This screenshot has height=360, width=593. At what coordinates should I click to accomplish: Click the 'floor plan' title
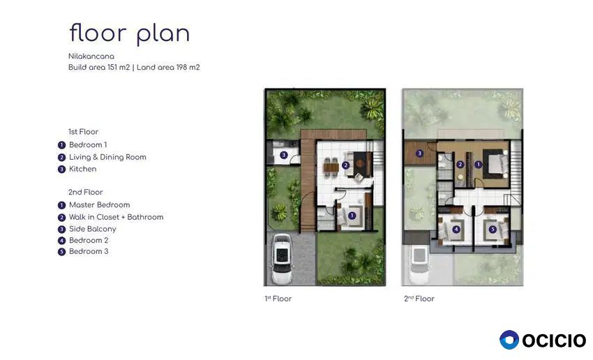click(130, 34)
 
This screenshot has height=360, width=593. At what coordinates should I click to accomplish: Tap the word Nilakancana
click(91, 57)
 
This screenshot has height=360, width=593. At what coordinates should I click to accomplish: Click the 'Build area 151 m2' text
click(99, 67)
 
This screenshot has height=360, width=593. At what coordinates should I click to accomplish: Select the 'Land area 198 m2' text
click(168, 67)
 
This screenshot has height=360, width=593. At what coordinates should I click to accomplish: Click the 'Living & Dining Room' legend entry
click(107, 157)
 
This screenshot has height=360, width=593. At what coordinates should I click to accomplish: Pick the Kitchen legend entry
click(82, 169)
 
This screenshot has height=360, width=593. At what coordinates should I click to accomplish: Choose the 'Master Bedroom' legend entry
click(100, 205)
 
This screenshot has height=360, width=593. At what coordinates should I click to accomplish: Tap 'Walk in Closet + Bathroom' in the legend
click(116, 217)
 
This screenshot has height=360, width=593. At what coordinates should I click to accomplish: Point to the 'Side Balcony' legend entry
click(92, 229)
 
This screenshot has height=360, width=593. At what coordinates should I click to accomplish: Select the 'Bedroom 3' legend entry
click(89, 251)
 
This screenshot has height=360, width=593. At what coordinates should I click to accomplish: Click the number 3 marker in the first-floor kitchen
click(284, 155)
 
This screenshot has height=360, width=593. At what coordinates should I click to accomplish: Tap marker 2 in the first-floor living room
click(345, 165)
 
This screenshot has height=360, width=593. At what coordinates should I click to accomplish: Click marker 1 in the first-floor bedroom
click(352, 216)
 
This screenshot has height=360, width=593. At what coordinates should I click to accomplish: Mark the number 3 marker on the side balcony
click(419, 153)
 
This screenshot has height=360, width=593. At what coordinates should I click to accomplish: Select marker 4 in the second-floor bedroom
click(456, 229)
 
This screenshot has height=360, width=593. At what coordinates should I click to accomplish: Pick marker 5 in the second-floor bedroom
click(493, 229)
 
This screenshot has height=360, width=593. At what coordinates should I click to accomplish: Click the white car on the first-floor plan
click(282, 260)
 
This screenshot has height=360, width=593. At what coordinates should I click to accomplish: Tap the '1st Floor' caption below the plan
click(278, 299)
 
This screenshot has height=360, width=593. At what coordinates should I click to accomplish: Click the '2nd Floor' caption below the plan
click(419, 299)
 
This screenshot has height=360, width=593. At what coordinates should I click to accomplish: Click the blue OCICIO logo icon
click(509, 340)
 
